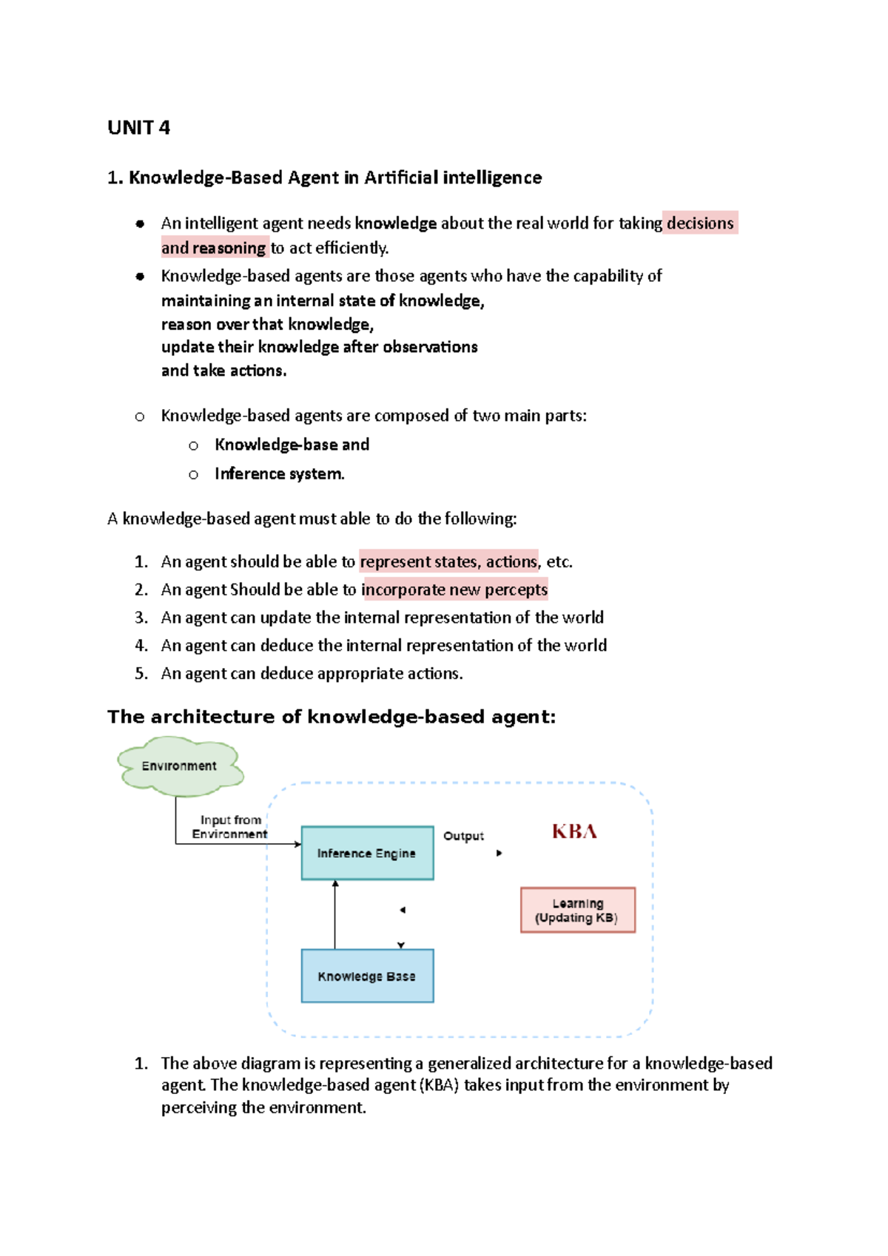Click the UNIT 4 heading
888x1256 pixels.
(138, 128)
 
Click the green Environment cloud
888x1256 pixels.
(180, 766)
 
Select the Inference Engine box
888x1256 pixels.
(367, 853)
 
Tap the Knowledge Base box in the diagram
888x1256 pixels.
(367, 976)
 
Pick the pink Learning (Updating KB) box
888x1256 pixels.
(577, 910)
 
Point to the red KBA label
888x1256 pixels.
(574, 831)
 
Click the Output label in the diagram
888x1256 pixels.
(463, 836)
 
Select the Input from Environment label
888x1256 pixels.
(229, 827)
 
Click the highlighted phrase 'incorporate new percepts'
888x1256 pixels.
(454, 590)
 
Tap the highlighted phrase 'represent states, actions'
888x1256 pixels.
(448, 561)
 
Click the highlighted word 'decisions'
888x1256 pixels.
(700, 223)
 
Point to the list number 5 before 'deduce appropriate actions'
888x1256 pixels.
(141, 674)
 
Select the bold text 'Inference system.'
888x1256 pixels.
(279, 474)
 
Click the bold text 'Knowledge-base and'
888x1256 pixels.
(292, 445)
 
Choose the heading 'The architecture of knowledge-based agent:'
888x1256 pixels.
(331, 717)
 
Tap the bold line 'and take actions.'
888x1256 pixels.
(223, 371)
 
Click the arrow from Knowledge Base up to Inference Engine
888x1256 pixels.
(335, 914)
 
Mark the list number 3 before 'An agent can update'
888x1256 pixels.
(141, 618)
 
